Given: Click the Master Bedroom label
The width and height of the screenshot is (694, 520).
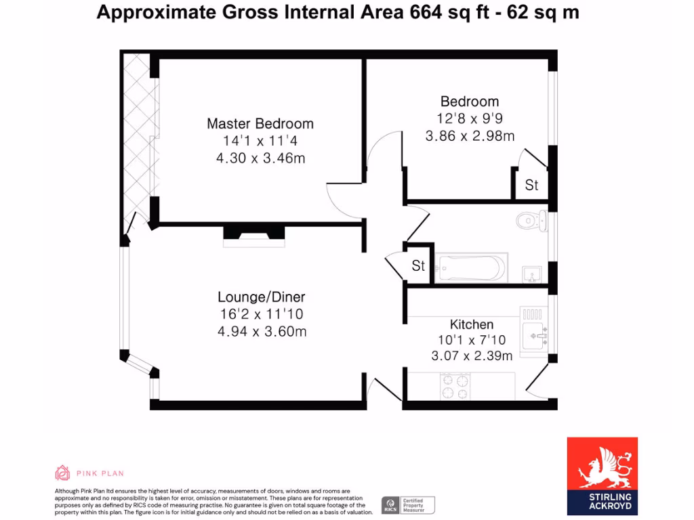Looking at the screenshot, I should point(260,124).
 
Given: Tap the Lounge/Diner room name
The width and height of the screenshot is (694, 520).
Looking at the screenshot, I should point(261,297).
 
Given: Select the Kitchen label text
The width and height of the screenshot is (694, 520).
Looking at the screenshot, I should point(472,324).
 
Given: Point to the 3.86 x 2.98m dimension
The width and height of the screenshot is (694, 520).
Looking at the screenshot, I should point(470,136).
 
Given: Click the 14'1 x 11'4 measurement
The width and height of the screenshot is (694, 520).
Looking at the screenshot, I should point(260,142).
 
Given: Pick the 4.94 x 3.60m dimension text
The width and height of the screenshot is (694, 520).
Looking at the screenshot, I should point(261,331).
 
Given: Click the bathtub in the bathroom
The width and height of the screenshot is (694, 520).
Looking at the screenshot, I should point(472,268).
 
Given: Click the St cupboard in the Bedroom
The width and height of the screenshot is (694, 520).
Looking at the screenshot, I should point(531,185).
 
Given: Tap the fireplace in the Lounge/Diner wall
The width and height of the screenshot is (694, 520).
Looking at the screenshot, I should point(255,233).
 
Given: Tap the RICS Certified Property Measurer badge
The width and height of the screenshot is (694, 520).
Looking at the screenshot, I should point(409,504).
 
